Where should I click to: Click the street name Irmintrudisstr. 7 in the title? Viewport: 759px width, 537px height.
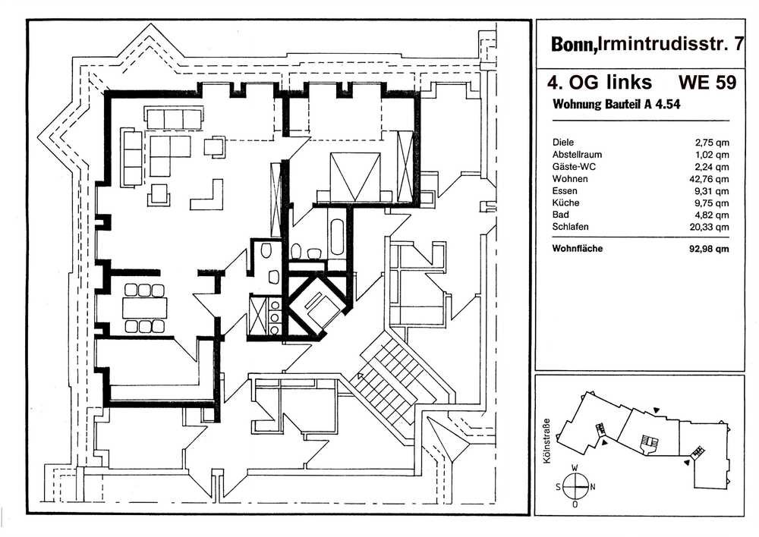671,44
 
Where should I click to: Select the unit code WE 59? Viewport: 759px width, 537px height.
707,82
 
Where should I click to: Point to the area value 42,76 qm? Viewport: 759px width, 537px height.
709,179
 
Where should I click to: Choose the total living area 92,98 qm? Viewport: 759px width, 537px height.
709,249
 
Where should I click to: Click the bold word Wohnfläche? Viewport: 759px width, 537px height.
578,249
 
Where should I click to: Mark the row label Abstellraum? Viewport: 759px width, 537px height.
577,155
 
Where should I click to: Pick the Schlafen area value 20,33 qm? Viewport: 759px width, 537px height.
709,227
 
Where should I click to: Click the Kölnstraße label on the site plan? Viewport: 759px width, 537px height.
547,441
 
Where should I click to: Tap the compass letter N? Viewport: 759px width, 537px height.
593,487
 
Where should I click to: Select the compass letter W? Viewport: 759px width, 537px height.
575,468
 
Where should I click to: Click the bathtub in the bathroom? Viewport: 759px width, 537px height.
338,238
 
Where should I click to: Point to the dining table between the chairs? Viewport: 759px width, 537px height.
145,308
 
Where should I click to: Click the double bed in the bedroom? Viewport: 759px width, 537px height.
354,177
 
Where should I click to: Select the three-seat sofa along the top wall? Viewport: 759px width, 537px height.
173,119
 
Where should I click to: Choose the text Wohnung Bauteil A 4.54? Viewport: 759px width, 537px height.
616,105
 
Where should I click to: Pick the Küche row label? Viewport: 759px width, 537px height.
566,203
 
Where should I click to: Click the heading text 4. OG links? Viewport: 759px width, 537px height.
600,82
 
